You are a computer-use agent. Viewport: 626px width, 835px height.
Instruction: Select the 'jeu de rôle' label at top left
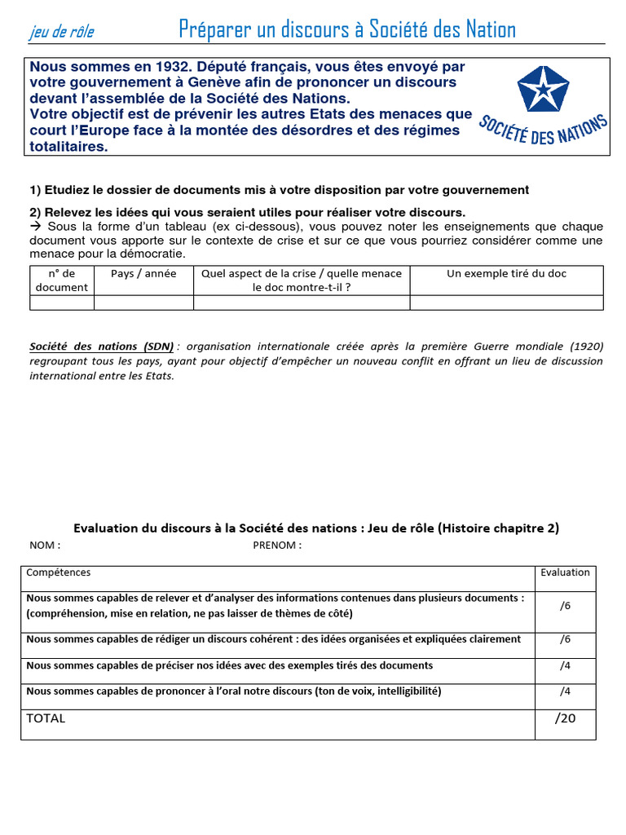click(x=62, y=32)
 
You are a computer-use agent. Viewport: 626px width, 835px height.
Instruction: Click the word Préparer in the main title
click(x=213, y=30)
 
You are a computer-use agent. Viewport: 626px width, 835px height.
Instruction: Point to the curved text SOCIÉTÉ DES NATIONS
click(x=543, y=131)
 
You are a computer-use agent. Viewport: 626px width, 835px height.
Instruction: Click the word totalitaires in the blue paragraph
click(x=68, y=147)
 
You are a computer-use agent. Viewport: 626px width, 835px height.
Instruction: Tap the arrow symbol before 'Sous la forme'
click(x=36, y=226)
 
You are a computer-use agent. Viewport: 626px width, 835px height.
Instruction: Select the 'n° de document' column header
click(x=62, y=280)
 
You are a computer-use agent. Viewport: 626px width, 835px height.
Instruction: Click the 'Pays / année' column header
click(x=143, y=274)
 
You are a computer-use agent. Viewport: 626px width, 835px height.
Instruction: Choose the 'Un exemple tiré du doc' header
click(x=506, y=274)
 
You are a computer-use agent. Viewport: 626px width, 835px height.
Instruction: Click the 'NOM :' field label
click(x=45, y=546)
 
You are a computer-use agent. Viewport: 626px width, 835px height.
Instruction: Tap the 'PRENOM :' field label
click(x=277, y=546)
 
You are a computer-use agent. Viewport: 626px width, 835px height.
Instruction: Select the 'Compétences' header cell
click(x=59, y=572)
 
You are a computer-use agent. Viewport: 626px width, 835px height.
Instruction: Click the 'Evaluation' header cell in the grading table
click(x=565, y=572)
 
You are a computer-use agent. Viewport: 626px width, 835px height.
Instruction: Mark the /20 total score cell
click(x=565, y=718)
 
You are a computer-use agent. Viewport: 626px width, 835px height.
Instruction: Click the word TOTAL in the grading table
click(x=46, y=718)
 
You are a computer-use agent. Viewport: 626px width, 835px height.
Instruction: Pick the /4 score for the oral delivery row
click(x=565, y=691)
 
